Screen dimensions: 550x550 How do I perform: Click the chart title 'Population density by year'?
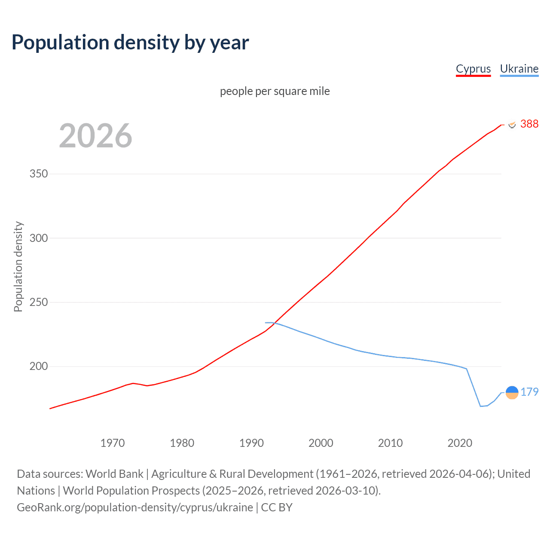[x=130, y=43]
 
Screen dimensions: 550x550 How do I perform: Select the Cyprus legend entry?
[x=473, y=69]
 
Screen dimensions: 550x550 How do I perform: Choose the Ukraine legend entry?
[x=519, y=69]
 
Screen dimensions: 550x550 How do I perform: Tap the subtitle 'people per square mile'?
[x=275, y=91]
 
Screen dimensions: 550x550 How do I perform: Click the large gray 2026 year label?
[x=95, y=136]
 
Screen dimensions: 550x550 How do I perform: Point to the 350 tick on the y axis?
[x=39, y=174]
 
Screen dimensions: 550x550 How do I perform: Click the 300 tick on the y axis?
[x=39, y=238]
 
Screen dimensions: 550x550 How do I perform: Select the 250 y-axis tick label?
[x=39, y=302]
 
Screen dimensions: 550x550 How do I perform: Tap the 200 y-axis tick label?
[x=39, y=367]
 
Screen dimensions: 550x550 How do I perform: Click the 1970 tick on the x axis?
[x=113, y=443]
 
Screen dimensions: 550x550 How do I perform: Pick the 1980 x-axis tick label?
[x=182, y=443]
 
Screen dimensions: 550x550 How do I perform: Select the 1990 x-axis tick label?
[x=251, y=443]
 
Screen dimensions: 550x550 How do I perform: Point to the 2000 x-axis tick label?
[x=321, y=443]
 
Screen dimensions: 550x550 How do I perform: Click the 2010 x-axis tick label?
[x=390, y=443]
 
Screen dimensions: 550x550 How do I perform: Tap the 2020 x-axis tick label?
[x=460, y=443]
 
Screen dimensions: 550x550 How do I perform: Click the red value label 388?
[x=529, y=124]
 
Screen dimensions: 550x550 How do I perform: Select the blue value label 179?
[x=529, y=392]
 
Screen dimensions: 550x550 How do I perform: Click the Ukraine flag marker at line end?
[x=512, y=392]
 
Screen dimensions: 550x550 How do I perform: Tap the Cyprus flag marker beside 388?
[x=512, y=124]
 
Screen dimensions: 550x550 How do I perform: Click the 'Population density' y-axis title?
[x=18, y=266]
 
